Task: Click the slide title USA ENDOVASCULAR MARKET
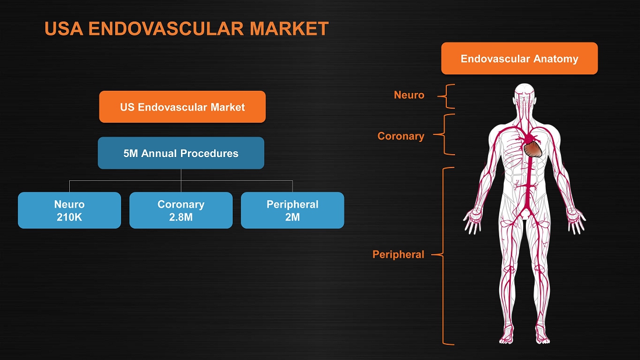pos(187,28)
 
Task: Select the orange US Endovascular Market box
pos(183,107)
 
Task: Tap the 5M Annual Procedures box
pos(181,153)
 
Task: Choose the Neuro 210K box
pos(69,210)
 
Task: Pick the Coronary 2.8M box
pos(181,210)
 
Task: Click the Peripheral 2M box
pos(292,210)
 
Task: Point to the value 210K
pos(69,217)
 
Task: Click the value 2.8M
pos(181,217)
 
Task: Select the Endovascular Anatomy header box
pos(519,58)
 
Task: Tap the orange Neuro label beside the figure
pos(409,95)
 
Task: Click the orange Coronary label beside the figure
pos(401,136)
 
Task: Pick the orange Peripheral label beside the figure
pos(398,255)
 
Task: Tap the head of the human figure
pos(524,95)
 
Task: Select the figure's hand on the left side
pos(472,221)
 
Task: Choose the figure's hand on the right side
pos(576,221)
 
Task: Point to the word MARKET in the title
pos(289,28)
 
